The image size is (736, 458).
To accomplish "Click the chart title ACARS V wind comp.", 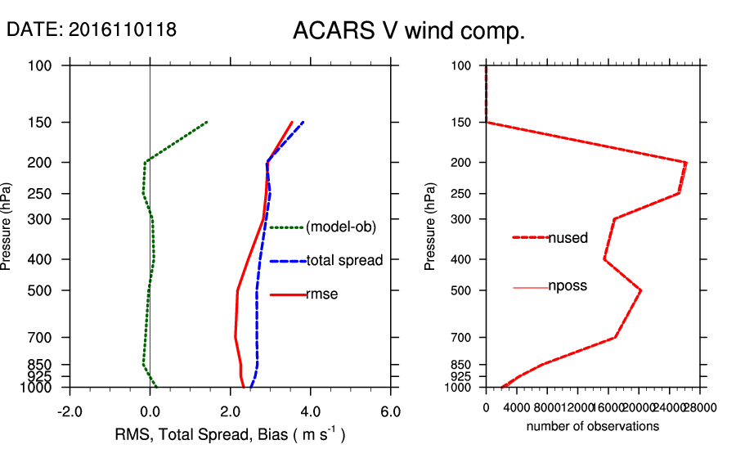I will (x=408, y=32).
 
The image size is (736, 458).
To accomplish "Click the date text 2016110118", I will (x=122, y=29).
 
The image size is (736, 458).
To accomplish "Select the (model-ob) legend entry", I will (x=340, y=227).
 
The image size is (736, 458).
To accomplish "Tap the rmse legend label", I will (x=322, y=294).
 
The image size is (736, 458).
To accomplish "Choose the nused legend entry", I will (x=568, y=238).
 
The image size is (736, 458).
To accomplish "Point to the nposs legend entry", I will (x=568, y=286).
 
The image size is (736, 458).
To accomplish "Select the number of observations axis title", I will (x=593, y=426).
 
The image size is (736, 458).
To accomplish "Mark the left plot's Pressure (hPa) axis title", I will (x=7, y=227).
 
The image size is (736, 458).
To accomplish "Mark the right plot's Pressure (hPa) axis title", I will (x=430, y=227).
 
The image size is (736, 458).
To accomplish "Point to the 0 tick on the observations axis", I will (x=486, y=407).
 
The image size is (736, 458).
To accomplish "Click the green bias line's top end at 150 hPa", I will (x=207, y=122).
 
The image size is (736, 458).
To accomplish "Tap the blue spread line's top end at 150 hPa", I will (x=303, y=122).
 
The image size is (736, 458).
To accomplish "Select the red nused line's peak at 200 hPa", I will (x=686, y=163).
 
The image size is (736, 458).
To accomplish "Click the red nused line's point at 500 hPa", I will (x=641, y=290).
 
